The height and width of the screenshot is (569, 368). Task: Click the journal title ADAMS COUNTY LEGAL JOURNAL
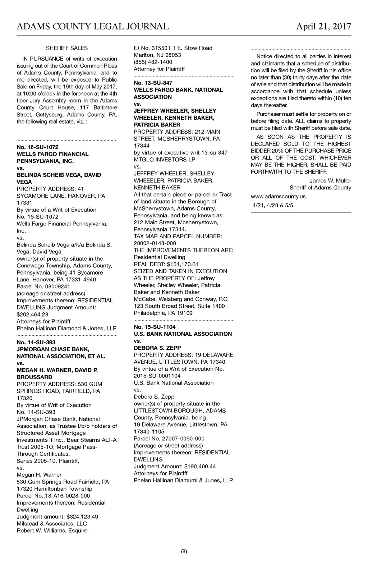[93, 27]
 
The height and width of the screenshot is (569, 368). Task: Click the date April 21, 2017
[323, 27]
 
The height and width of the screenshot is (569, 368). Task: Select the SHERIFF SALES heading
[67, 48]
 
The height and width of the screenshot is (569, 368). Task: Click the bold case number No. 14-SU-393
[36, 342]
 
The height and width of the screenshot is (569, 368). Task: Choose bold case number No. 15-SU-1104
[155, 327]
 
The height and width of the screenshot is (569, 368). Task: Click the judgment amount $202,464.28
[32, 315]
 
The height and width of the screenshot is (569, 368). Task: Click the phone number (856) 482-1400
[153, 62]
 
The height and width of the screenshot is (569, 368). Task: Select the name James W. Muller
[330, 181]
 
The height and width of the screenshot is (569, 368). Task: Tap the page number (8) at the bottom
[184, 552]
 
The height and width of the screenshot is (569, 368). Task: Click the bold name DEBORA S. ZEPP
[157, 348]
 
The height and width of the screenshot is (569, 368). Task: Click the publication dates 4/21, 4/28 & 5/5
[273, 206]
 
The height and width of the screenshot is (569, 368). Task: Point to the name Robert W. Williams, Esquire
[52, 531]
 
